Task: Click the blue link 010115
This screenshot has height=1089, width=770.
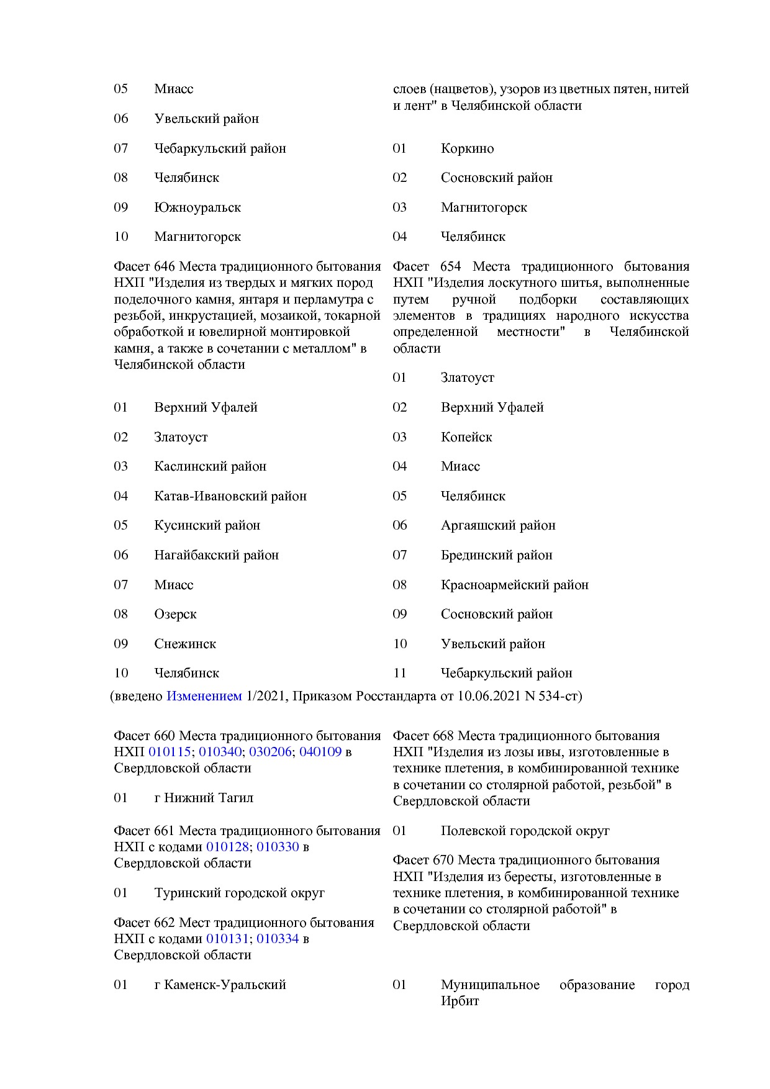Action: [170, 752]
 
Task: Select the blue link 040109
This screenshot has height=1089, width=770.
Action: [320, 752]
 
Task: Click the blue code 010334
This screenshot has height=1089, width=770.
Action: [278, 939]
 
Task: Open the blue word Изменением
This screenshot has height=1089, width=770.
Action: [204, 696]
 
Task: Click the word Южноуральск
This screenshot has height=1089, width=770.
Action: [197, 207]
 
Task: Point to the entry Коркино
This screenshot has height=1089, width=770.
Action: [467, 148]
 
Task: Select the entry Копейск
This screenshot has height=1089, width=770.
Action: [466, 437]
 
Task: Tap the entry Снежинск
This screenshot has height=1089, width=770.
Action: [185, 644]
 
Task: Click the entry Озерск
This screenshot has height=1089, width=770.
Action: [175, 614]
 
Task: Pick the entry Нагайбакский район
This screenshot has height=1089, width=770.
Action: [216, 555]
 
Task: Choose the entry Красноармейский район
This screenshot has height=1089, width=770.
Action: [514, 585]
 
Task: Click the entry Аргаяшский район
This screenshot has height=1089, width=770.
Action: [498, 525]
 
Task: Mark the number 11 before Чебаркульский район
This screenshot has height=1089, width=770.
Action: [399, 673]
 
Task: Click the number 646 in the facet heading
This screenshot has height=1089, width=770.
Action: [164, 266]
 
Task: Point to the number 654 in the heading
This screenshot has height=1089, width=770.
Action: [450, 266]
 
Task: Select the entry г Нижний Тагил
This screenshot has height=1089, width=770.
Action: [204, 798]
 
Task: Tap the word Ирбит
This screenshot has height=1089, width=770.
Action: [460, 1001]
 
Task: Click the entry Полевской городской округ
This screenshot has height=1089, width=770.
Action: [525, 831]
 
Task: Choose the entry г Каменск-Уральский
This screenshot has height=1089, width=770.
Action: [220, 985]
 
